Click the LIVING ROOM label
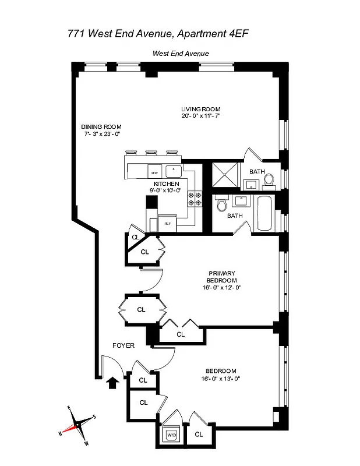(200, 110)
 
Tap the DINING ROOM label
(101, 127)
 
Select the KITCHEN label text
(166, 184)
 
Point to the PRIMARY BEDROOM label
(221, 277)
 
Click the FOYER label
(123, 345)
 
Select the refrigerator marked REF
(167, 223)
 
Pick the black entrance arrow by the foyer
(114, 382)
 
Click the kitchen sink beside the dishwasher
(174, 171)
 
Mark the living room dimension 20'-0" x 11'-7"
(200, 116)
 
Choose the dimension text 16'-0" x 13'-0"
(221, 379)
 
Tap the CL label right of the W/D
(199, 434)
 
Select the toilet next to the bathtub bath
(221, 206)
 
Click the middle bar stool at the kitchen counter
(151, 154)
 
